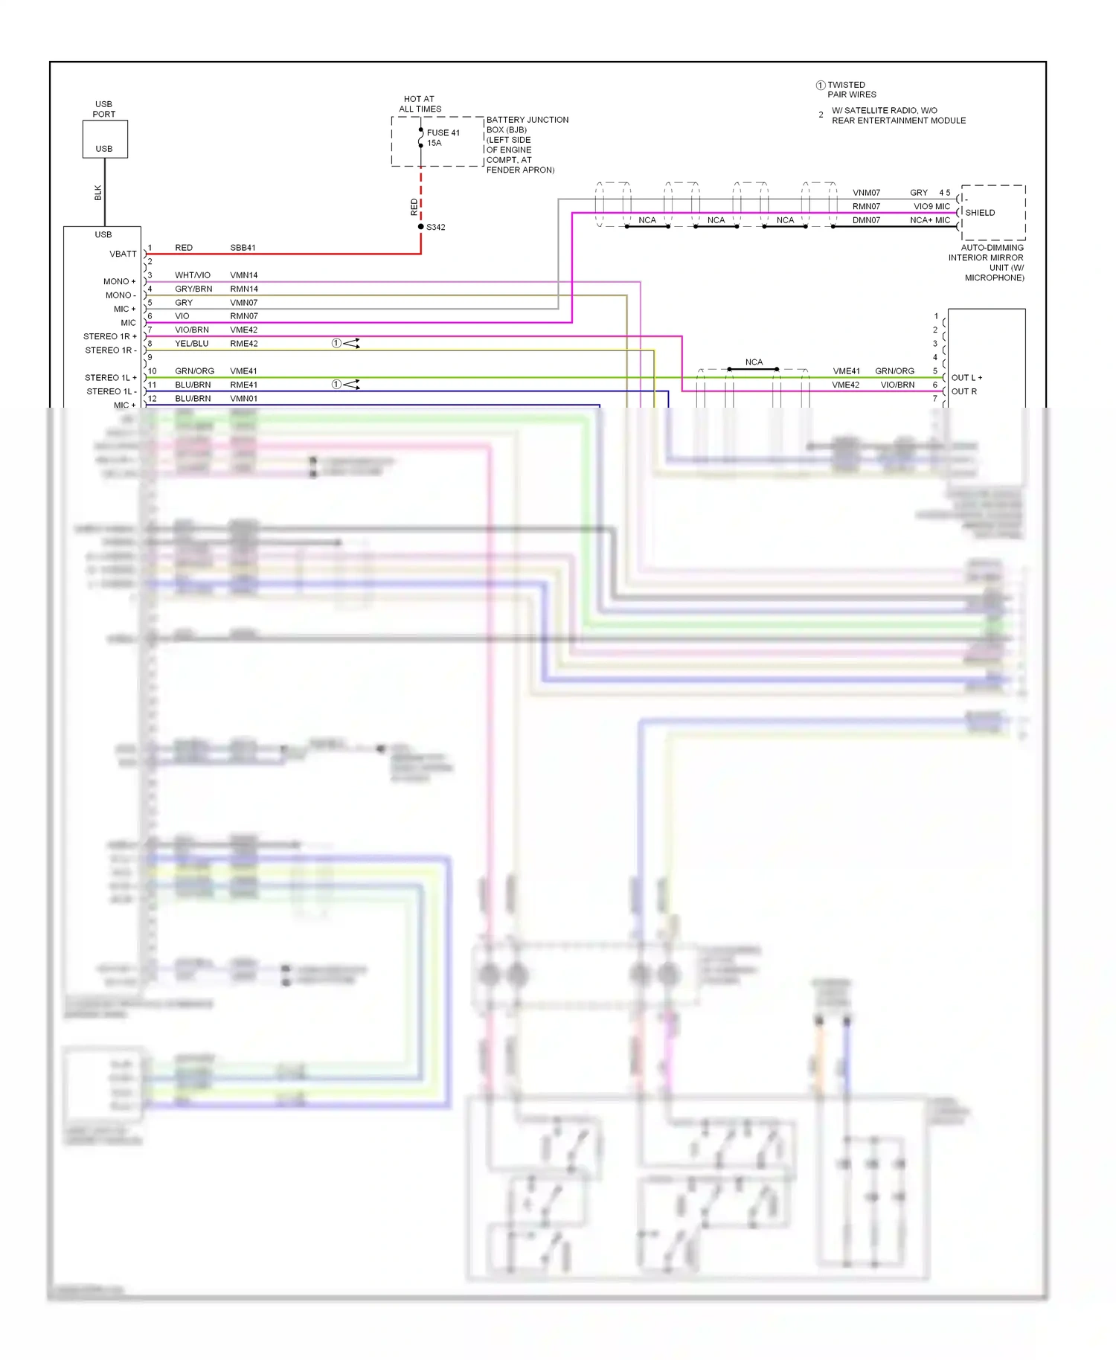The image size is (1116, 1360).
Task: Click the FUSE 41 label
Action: (x=443, y=132)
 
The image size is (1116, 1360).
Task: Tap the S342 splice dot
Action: (x=421, y=227)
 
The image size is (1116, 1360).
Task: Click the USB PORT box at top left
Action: (x=105, y=139)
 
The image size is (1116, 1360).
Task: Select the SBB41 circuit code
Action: (x=243, y=248)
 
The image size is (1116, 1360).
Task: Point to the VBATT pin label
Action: (x=123, y=254)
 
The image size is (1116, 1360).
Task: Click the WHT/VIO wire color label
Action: (x=193, y=275)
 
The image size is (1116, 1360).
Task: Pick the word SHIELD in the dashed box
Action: (x=980, y=213)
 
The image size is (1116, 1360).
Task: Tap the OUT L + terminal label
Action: (x=966, y=378)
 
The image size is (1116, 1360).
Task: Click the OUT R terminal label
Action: (x=963, y=391)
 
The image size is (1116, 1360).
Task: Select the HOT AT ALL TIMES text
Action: (x=420, y=104)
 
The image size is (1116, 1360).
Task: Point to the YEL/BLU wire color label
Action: (x=191, y=344)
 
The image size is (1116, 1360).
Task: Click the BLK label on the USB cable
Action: (x=98, y=193)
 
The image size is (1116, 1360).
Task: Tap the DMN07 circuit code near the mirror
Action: (x=866, y=220)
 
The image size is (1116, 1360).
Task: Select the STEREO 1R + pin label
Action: (x=110, y=336)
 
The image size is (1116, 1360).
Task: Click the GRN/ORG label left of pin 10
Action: (x=194, y=371)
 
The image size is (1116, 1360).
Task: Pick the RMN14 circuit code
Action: (x=244, y=289)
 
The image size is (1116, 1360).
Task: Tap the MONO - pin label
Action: (x=121, y=295)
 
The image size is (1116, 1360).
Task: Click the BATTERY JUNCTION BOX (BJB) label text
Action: (x=527, y=124)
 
